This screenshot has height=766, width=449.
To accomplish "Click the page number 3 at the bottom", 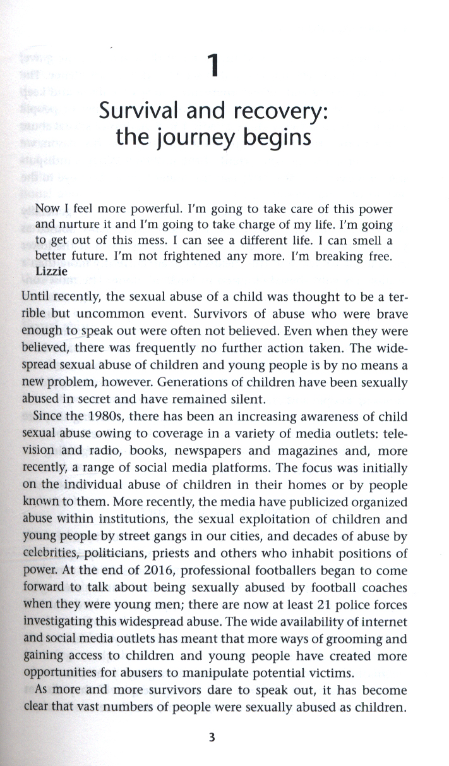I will tap(214, 736).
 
